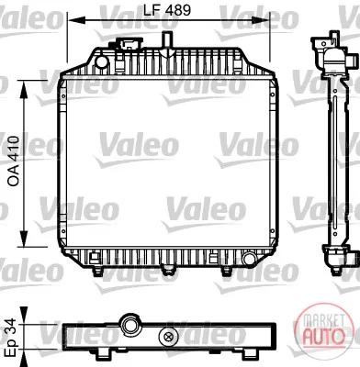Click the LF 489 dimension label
pyautogui.click(x=167, y=10)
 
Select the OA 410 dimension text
pyautogui.click(x=14, y=161)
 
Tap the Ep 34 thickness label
pyautogui.click(x=10, y=338)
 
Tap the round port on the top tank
pyautogui.click(x=101, y=61)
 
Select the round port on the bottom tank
pyautogui.click(x=248, y=259)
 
